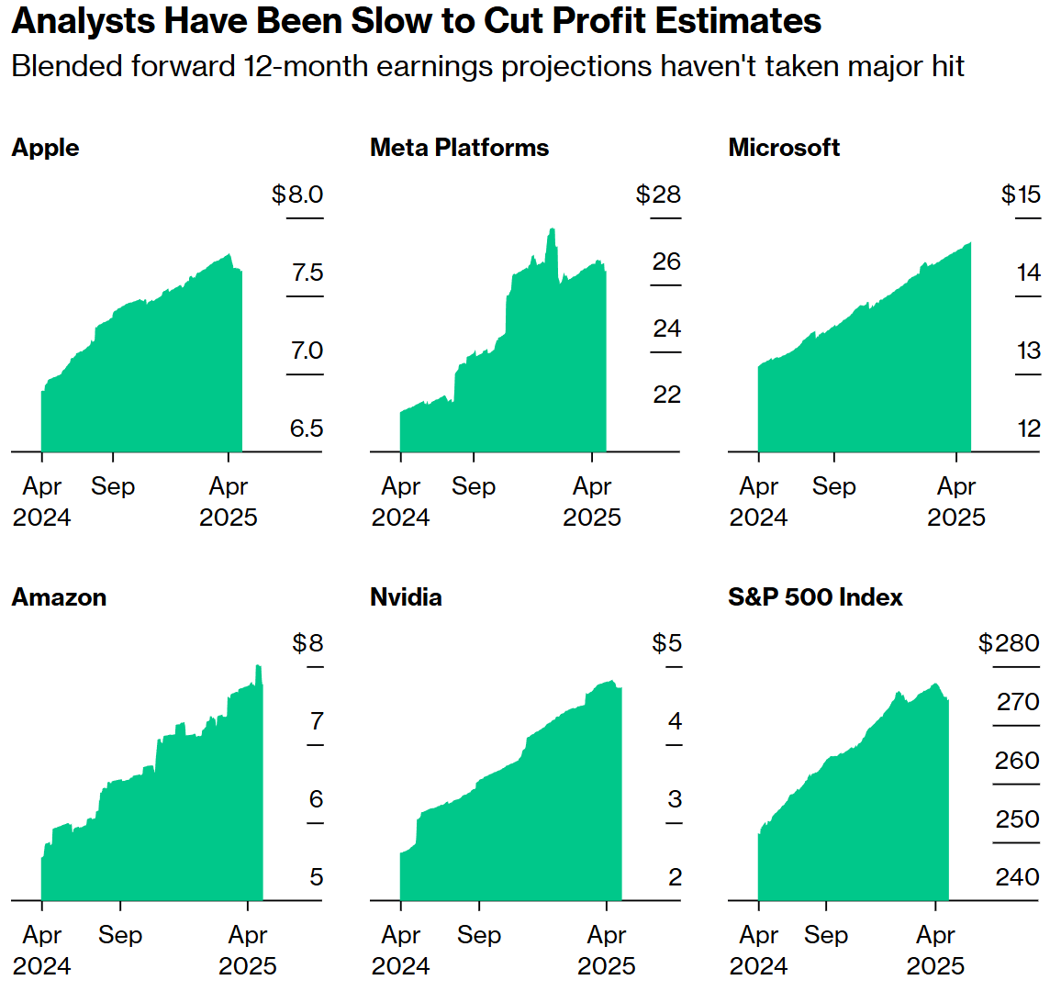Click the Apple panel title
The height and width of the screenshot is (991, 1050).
[x=45, y=148]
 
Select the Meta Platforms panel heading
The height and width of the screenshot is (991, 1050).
[x=459, y=148]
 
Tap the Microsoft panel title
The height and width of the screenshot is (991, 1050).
[x=784, y=148]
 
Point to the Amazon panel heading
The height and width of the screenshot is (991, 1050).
[x=59, y=597]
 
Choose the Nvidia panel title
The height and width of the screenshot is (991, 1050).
[x=406, y=597]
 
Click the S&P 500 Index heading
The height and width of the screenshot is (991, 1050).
[x=815, y=597]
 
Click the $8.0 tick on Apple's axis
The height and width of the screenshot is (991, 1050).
[x=297, y=195]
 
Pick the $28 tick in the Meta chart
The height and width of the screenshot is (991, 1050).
[x=658, y=195]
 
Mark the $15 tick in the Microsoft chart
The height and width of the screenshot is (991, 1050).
[x=1021, y=195]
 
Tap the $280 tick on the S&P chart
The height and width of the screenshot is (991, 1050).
[x=1009, y=643]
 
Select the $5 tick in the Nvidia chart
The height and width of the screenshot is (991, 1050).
[x=666, y=643]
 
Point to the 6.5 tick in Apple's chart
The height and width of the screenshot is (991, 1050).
[x=307, y=429]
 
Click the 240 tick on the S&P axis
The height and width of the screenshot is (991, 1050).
[x=1017, y=877]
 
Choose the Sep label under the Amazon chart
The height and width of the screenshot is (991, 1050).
[x=120, y=935]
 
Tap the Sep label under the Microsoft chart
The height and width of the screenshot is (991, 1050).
[x=833, y=486]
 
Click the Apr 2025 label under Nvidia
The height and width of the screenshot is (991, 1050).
[x=607, y=950]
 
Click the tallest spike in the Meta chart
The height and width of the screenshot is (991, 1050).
[x=552, y=230]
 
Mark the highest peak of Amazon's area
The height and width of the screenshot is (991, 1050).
[x=259, y=666]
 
